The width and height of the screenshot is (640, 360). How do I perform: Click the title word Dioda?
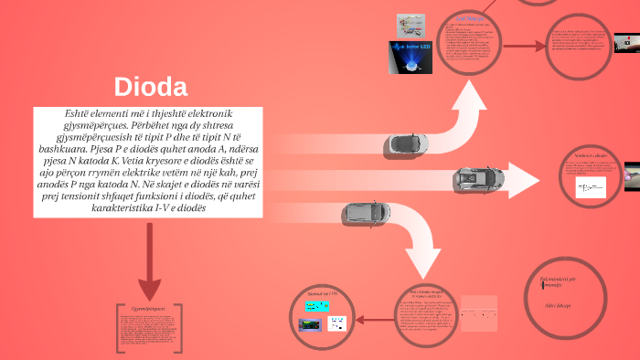tap(151, 88)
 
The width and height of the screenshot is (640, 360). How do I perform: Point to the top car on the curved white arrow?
tap(406, 143)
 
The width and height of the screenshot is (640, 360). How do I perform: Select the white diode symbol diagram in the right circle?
tap(591, 187)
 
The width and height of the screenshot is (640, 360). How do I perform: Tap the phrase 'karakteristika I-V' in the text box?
tap(163, 207)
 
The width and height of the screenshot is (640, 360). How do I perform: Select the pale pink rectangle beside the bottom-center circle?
tap(479, 314)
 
